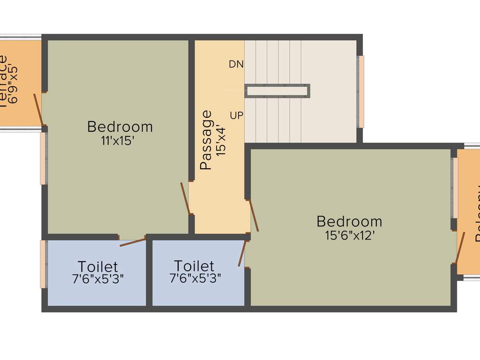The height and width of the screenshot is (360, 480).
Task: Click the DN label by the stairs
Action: point(236,64)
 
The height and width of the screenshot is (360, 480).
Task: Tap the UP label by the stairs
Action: point(237,115)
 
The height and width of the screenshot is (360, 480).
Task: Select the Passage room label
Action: point(206,140)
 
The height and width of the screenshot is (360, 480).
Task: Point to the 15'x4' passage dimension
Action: point(221,141)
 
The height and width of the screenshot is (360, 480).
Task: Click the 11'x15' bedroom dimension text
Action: point(120,141)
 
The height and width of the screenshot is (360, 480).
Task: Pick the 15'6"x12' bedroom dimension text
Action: point(349,235)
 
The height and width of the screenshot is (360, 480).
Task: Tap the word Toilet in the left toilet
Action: point(98,267)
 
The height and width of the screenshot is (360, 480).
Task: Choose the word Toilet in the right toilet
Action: point(194,266)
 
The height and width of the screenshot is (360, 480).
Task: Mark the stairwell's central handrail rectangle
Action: point(277,91)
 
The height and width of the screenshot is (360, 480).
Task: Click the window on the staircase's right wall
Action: point(360,91)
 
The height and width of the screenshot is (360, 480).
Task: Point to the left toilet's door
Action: point(133,242)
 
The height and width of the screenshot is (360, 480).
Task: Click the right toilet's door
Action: point(242,253)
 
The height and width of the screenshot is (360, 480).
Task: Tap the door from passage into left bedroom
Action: point(185,198)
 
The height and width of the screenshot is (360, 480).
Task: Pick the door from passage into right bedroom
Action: point(253,216)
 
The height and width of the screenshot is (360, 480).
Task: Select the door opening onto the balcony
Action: point(460,248)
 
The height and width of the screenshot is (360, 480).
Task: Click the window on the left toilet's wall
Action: point(43,264)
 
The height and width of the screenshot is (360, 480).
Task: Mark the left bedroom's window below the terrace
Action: point(43,158)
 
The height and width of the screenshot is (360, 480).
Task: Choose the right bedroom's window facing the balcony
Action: point(454,187)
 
